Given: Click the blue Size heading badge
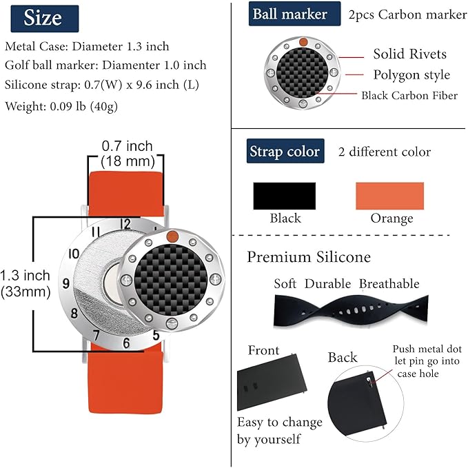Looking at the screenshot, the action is [x=45, y=19].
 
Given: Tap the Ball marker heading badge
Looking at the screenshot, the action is [x=294, y=14].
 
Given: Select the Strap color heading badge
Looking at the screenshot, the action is [x=285, y=151].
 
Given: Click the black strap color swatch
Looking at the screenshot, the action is [x=285, y=196].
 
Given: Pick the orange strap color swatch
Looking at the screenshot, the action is [x=390, y=196].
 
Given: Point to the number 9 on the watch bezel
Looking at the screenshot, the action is [x=66, y=283].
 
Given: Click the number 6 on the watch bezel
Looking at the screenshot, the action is [x=126, y=343].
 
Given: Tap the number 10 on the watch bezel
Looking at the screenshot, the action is [x=74, y=254].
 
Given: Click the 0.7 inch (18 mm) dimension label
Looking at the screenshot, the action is [x=128, y=154].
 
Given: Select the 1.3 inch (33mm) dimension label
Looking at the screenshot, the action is [x=25, y=283].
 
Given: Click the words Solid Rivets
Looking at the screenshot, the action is [x=410, y=54].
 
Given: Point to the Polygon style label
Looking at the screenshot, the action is [x=411, y=75].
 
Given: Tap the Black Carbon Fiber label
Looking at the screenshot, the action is [x=409, y=96].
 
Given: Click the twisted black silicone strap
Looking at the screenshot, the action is [x=351, y=310].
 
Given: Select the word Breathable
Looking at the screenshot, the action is [x=389, y=284].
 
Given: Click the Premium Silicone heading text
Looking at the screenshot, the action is [x=309, y=257].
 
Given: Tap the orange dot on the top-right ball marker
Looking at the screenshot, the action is [x=303, y=42].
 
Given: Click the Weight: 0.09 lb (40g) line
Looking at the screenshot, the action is [x=61, y=107].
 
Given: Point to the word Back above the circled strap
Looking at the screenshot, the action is [x=343, y=357].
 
